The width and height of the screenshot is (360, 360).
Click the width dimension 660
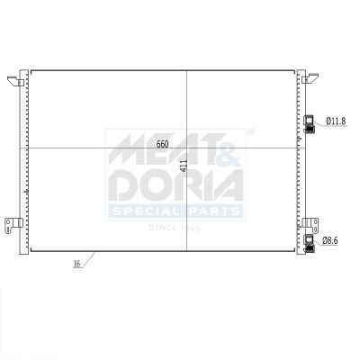click(163, 144)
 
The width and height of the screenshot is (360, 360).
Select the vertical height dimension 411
click(184, 166)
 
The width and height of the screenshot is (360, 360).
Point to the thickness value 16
click(76, 264)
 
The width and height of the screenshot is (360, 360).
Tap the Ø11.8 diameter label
click(336, 121)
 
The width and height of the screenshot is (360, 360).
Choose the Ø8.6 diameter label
click(330, 240)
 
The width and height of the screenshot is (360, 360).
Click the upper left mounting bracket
click(15, 81)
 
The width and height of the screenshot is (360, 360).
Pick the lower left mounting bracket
click(13, 224)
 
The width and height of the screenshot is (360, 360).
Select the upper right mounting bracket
click(310, 78)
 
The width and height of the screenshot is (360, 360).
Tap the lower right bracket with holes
click(310, 225)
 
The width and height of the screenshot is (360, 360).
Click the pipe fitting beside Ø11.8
click(310, 124)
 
